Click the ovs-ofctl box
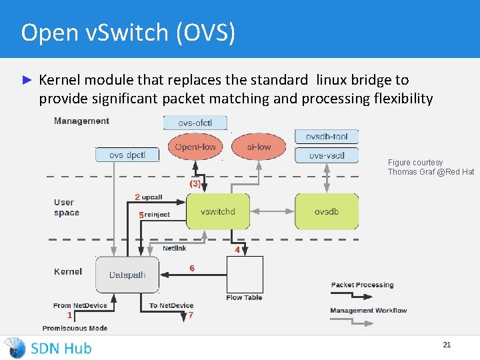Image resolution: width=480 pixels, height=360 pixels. (195, 123)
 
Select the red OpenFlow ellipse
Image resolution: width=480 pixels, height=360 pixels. (195, 147)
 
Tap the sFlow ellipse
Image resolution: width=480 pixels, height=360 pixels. (259, 147)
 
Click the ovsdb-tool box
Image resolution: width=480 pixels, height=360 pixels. (327, 137)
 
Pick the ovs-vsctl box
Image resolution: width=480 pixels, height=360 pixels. (327, 155)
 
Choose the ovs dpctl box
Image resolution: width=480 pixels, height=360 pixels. (127, 155)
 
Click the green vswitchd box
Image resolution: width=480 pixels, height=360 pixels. (218, 212)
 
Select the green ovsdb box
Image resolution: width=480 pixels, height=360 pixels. (327, 212)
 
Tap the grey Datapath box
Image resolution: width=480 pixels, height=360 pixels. (127, 275)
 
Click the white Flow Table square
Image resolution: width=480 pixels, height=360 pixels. (245, 275)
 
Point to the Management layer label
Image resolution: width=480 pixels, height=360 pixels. (81, 121)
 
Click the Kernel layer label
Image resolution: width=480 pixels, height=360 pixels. (68, 271)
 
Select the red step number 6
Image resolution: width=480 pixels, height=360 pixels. (192, 268)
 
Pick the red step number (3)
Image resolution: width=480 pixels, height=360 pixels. (195, 183)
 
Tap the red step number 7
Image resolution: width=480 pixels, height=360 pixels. (191, 315)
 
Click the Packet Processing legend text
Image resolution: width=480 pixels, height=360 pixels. (362, 285)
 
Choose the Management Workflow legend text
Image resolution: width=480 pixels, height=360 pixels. (368, 311)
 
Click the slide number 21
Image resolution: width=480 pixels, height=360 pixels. (447, 345)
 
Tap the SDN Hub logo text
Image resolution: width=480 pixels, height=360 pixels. (61, 348)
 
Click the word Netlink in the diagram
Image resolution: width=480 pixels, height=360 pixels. (175, 248)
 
